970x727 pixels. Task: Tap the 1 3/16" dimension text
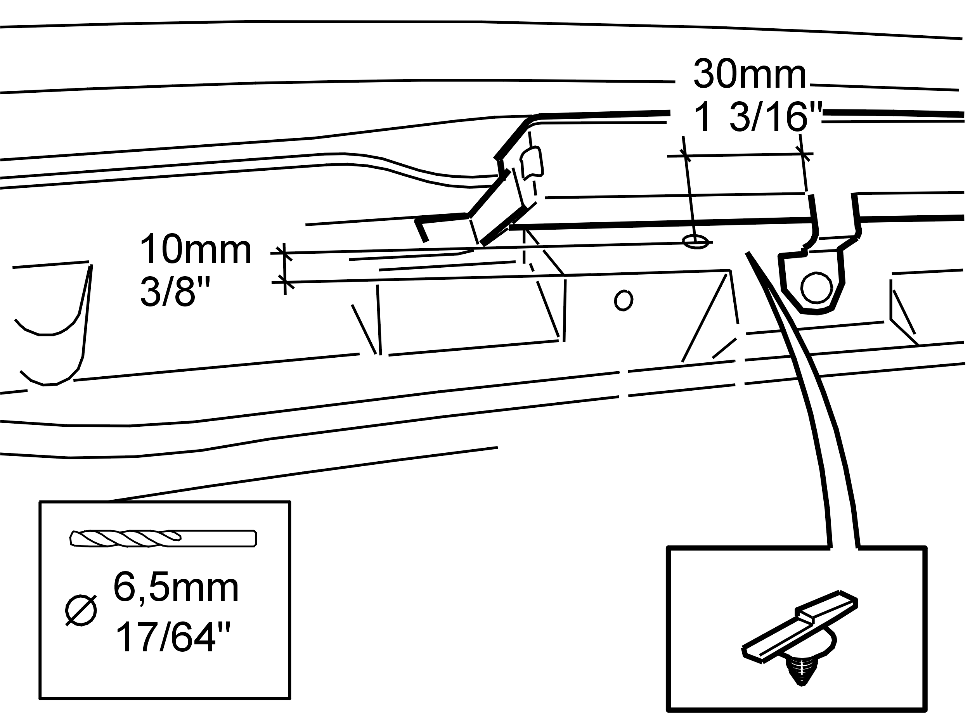tap(757, 117)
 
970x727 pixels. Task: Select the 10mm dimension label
tap(195, 249)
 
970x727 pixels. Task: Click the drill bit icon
tap(163, 538)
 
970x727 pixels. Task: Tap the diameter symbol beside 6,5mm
tap(81, 610)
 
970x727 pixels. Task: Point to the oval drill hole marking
tap(696, 242)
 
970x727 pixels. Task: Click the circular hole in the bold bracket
tap(816, 287)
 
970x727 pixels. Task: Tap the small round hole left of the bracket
tap(624, 300)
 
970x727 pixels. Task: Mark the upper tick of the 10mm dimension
tap(284, 253)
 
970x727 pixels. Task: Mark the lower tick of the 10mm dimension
tap(285, 282)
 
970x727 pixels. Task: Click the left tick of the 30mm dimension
tap(685, 156)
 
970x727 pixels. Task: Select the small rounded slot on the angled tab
tap(532, 164)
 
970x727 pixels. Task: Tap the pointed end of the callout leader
tap(747, 253)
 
